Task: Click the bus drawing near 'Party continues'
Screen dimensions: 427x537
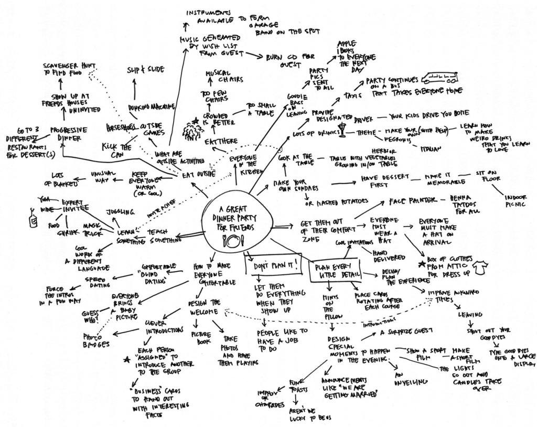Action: [442, 79]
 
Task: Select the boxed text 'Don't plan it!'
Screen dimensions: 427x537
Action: [274, 265]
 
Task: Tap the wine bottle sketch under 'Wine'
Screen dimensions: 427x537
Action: [34, 220]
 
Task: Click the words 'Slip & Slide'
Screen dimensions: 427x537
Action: [145, 70]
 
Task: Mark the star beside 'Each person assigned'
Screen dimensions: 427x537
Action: [126, 360]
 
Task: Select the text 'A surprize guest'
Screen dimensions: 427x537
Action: [406, 331]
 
